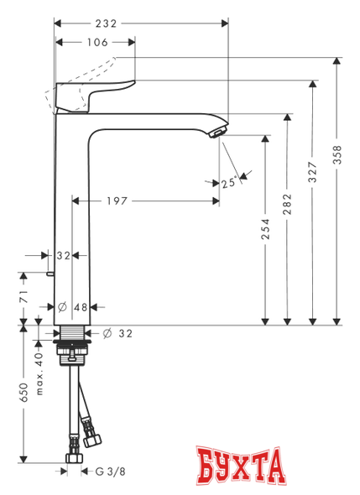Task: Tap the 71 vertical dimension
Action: (24, 295)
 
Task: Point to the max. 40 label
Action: (39, 372)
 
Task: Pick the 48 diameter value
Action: (81, 307)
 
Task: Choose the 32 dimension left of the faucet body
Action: (62, 255)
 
